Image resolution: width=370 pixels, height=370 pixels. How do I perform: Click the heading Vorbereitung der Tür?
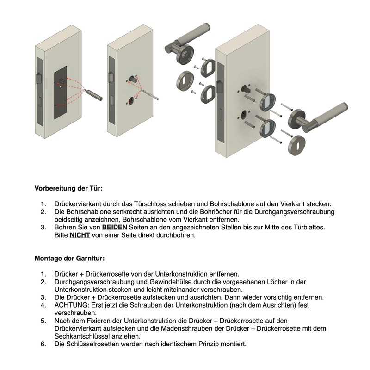[68, 189]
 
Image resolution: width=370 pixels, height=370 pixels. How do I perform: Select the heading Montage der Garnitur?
[70, 258]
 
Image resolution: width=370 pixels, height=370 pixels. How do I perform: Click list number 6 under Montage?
[43, 344]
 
